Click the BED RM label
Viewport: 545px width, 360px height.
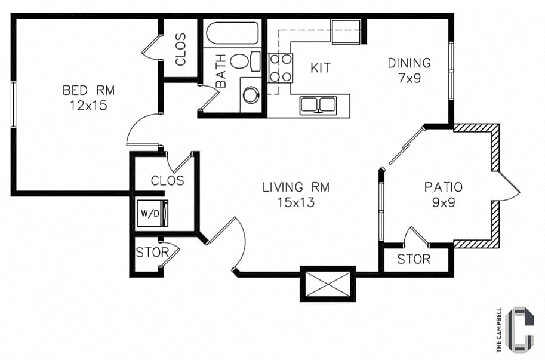tap(88, 90)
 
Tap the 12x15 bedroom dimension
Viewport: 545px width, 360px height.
tap(88, 105)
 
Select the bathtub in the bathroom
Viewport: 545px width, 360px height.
tap(233, 33)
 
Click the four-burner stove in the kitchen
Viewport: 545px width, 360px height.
tap(279, 67)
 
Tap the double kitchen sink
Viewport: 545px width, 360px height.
tap(318, 105)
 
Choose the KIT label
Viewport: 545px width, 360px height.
tap(321, 67)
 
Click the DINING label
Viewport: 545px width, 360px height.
tap(409, 63)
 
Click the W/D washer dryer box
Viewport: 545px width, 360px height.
tap(152, 213)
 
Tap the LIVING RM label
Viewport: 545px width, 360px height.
tap(296, 187)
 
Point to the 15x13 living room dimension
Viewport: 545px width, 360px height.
tap(296, 202)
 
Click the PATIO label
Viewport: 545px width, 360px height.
tap(444, 187)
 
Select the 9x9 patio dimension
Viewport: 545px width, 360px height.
tap(444, 202)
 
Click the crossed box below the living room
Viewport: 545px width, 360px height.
tap(328, 284)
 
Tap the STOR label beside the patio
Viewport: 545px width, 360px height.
tap(414, 259)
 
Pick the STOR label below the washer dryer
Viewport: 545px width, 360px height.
tap(152, 253)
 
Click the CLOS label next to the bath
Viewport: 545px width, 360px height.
tap(181, 50)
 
